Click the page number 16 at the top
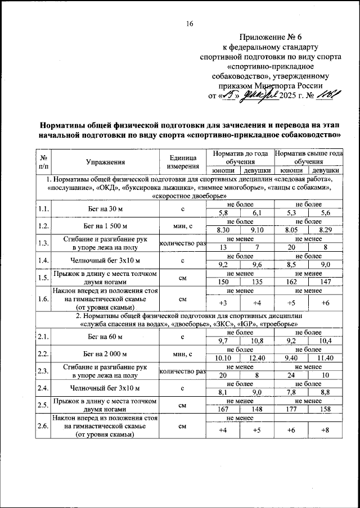tap(190, 24)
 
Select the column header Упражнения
tap(105, 162)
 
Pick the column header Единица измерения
tap(182, 162)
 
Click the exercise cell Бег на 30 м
tap(105, 209)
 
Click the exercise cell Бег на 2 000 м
tap(105, 354)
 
